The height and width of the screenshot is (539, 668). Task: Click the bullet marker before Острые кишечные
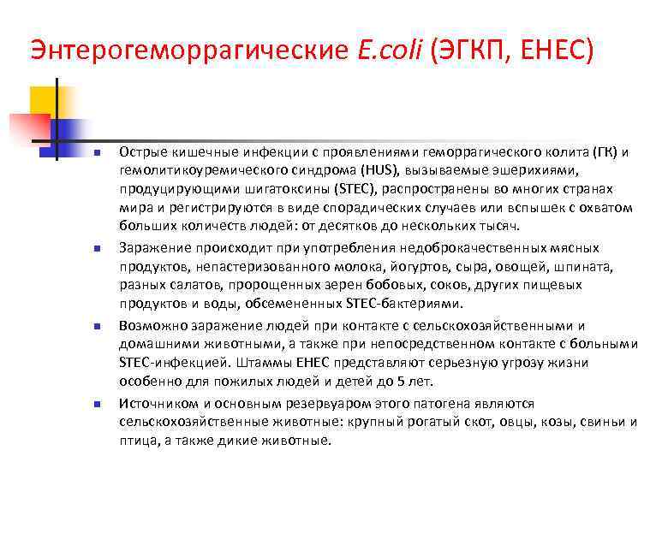[98, 152]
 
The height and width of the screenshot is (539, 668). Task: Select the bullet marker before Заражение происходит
[98, 248]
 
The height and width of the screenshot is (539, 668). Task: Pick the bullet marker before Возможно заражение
[98, 326]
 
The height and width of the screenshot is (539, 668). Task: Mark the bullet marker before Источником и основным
[98, 403]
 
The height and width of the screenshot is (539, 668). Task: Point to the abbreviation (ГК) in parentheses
[605, 151]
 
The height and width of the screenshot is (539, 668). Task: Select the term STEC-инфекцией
[170, 363]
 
